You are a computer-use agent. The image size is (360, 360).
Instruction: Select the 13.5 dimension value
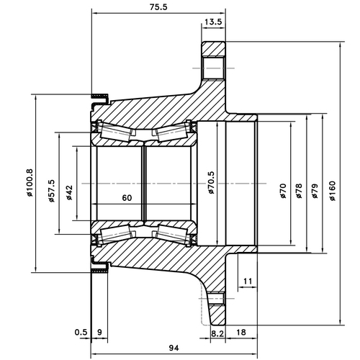pyautogui.click(x=213, y=22)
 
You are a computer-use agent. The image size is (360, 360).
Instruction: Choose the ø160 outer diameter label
pyautogui.click(x=332, y=192)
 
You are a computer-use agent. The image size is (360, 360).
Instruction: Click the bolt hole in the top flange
pyautogui.click(x=213, y=68)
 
